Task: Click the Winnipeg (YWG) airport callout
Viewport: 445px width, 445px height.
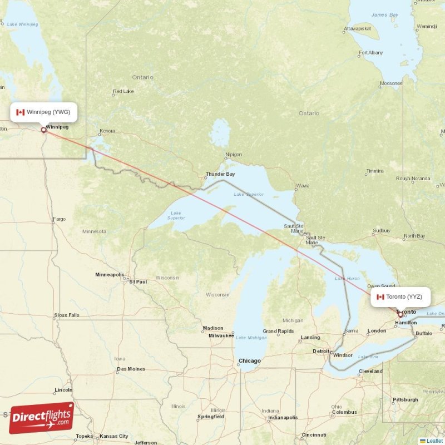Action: (x=43, y=112)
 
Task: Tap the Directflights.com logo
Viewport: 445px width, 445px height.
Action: (x=42, y=418)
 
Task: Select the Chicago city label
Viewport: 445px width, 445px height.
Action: (x=249, y=361)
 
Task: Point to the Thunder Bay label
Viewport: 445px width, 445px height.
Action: (x=220, y=174)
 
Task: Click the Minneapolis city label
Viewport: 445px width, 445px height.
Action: (x=110, y=275)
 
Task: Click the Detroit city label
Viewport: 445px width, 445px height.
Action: (x=321, y=351)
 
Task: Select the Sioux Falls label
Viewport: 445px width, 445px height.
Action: (x=67, y=315)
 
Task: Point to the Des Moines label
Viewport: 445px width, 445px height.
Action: (x=131, y=369)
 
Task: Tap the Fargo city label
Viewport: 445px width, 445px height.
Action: (x=59, y=219)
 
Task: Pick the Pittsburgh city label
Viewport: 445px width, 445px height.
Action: (x=405, y=399)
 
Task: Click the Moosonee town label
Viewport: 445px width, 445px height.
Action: (x=390, y=83)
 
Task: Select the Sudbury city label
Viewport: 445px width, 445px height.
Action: (x=382, y=230)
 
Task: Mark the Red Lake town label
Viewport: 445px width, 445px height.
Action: (x=123, y=91)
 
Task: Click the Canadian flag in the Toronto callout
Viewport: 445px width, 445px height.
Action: (x=380, y=297)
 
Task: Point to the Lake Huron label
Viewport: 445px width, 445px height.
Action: (x=352, y=278)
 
